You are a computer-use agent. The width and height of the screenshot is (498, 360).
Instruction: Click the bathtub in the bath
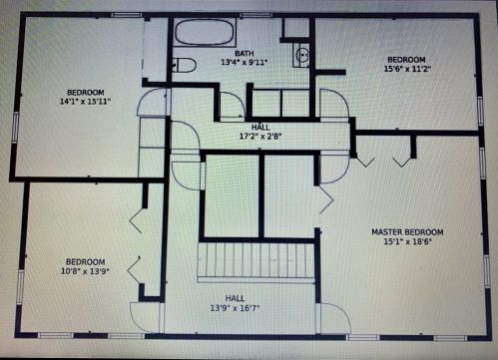point(204,32)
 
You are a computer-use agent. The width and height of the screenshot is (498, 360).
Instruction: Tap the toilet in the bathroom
point(184,65)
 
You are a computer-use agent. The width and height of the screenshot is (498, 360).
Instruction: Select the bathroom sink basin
point(302,54)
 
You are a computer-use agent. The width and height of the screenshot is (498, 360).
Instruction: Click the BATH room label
point(245,53)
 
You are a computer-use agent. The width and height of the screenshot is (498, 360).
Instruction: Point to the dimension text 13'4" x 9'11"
point(245,62)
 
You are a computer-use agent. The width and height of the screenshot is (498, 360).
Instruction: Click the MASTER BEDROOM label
point(407,232)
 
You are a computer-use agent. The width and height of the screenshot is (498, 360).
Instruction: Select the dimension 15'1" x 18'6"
point(407,241)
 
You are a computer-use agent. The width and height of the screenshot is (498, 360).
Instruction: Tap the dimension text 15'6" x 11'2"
point(407,69)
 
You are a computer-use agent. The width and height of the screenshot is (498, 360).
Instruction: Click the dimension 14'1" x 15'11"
point(85,102)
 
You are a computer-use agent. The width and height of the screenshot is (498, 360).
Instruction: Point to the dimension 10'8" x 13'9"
point(86,271)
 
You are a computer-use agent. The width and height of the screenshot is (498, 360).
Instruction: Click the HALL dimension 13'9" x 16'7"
point(235,308)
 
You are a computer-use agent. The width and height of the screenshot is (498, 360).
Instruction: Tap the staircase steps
point(256,261)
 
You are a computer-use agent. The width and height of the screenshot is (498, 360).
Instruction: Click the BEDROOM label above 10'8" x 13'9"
point(86,262)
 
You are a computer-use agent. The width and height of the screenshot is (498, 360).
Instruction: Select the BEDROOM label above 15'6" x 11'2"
point(406,60)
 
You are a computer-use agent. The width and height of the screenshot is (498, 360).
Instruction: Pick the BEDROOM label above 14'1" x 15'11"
point(86,92)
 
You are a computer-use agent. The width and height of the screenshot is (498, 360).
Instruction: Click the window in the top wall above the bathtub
point(255,15)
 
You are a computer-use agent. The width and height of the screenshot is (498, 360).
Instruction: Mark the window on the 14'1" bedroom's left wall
point(15,128)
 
